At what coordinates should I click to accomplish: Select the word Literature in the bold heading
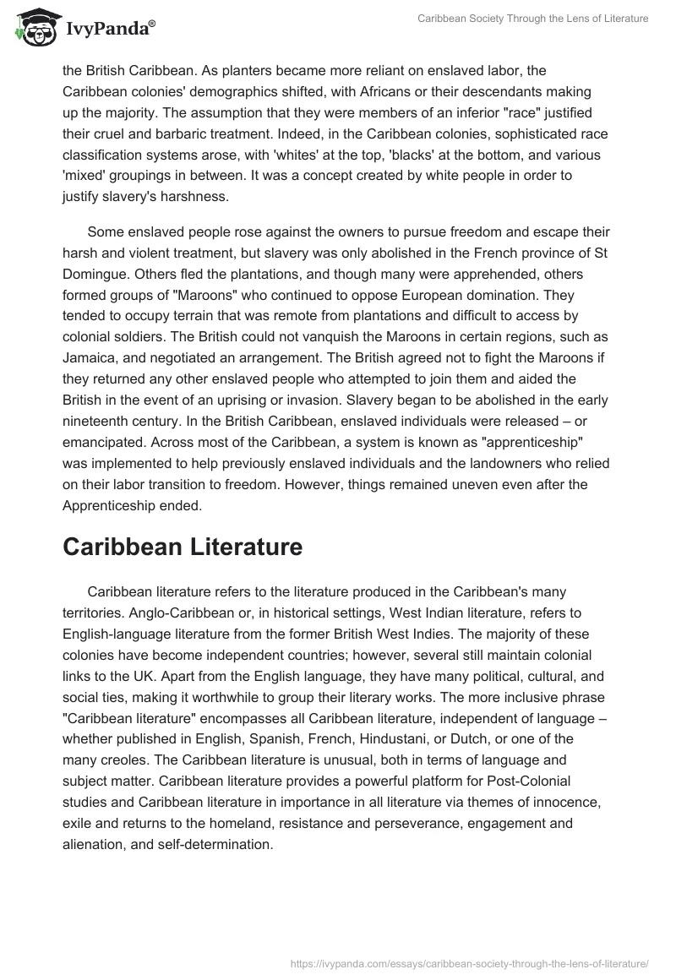(236, 547)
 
